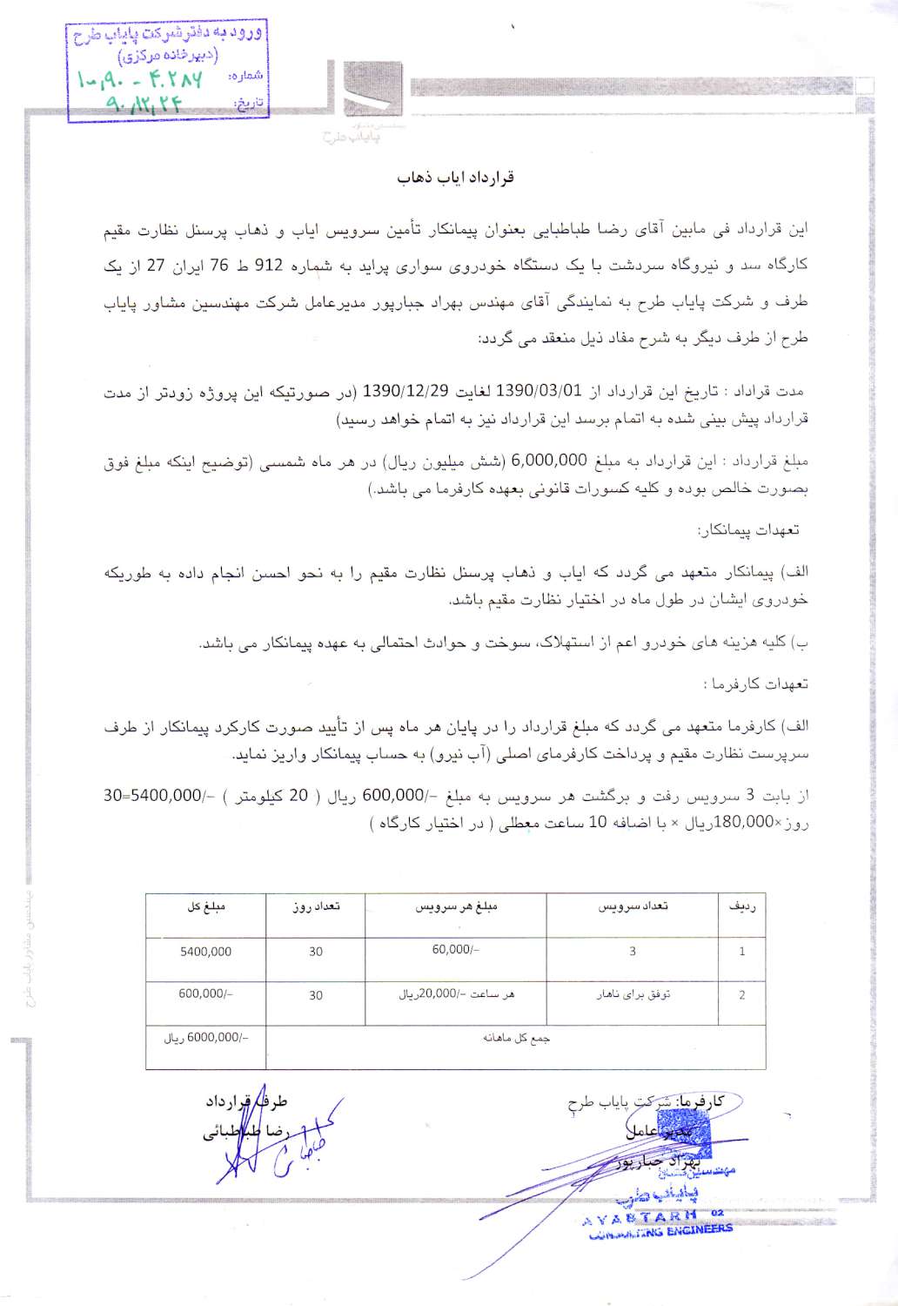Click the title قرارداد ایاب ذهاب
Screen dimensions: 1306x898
point(455,177)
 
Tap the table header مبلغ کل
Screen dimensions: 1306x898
point(206,906)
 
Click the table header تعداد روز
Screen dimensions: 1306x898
point(316,906)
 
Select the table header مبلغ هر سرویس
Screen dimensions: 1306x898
point(456,906)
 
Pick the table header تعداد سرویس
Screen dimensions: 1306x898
point(633,906)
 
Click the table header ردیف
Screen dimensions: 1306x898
point(741,906)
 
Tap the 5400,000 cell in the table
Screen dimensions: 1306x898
point(206,952)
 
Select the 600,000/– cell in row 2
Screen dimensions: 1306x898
point(206,993)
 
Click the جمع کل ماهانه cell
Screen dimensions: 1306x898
point(516,1038)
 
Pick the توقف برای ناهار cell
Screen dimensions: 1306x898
point(633,994)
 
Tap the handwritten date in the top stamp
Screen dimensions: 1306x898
point(144,105)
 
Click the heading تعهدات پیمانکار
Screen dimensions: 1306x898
point(748,529)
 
